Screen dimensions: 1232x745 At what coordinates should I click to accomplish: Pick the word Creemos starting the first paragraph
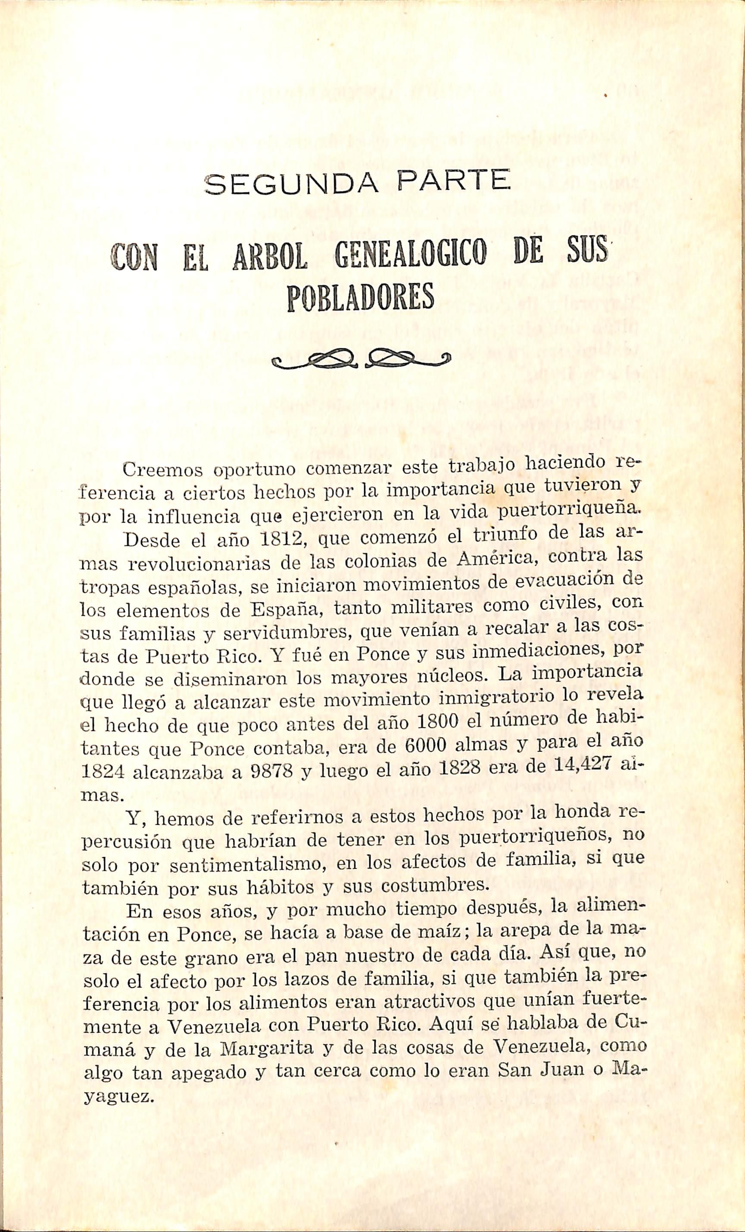click(161, 471)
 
